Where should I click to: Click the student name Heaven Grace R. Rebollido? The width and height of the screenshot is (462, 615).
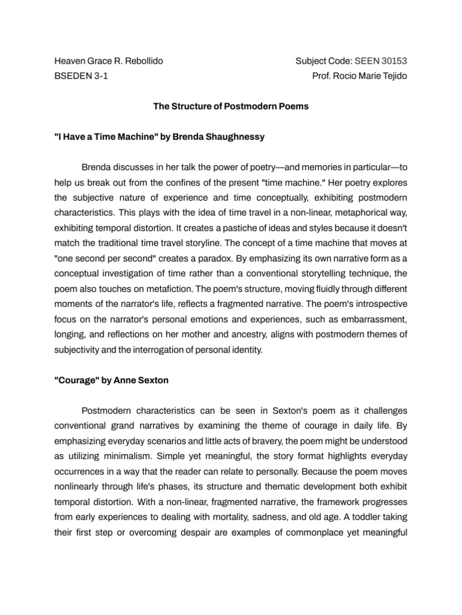click(108, 61)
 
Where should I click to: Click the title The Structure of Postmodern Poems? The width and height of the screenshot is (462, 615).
click(231, 107)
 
